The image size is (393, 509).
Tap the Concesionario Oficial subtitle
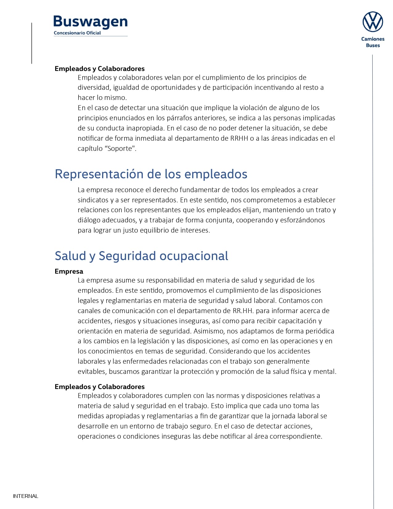(x=77, y=33)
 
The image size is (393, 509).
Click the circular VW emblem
(x=373, y=22)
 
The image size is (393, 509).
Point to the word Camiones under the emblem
(x=373, y=39)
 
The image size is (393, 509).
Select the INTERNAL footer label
(x=26, y=496)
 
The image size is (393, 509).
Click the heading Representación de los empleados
(x=151, y=174)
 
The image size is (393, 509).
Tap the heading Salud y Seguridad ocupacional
(x=141, y=256)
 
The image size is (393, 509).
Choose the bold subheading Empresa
(x=69, y=271)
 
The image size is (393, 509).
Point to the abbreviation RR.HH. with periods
(x=243, y=311)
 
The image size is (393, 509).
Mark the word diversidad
(x=94, y=87)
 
